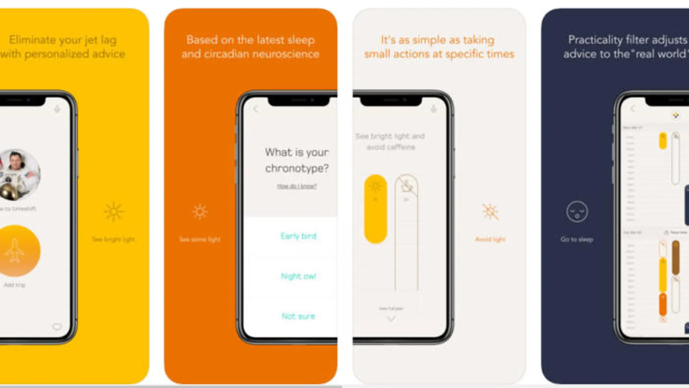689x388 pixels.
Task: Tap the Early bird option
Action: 298,236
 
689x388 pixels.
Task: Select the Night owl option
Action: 298,276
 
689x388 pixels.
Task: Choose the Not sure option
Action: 298,316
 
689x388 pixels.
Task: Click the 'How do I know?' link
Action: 297,186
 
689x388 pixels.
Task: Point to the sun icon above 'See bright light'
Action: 114,212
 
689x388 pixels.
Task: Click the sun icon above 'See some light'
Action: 200,212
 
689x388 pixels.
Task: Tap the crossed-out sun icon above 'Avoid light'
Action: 490,212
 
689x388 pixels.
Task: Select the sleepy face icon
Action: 577,212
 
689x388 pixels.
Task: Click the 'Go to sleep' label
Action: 577,239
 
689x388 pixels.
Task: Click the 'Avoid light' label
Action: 490,239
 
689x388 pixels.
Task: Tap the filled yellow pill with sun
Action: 375,209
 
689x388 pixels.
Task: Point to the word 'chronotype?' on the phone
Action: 297,168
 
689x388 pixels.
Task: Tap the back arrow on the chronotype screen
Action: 256,109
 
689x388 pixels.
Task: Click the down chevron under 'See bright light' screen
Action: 391,319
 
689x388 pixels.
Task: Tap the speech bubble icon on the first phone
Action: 57,327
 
